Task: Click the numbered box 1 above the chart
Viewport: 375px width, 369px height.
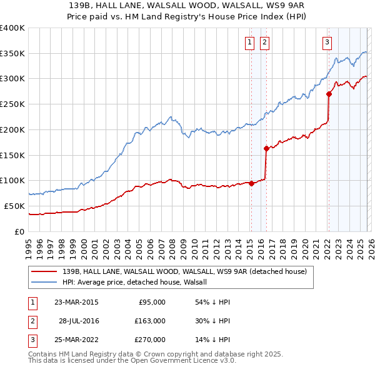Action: pyautogui.click(x=249, y=43)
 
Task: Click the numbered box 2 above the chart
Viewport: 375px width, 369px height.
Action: pyautogui.click(x=264, y=43)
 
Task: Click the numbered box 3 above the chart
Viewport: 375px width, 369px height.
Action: pyautogui.click(x=327, y=43)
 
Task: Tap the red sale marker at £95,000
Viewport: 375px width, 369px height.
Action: pyautogui.click(x=251, y=183)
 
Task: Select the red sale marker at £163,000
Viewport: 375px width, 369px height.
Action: pyautogui.click(x=266, y=148)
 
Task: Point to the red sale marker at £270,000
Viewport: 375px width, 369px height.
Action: pyautogui.click(x=329, y=94)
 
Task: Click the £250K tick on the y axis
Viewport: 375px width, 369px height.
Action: pyautogui.click(x=12, y=104)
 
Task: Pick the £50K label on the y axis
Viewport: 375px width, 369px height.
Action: pyautogui.click(x=14, y=206)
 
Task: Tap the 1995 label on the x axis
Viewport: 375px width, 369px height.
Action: pyautogui.click(x=29, y=246)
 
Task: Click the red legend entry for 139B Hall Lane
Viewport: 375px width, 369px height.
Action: pyautogui.click(x=184, y=272)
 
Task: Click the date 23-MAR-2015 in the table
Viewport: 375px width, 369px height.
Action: pyautogui.click(x=76, y=301)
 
